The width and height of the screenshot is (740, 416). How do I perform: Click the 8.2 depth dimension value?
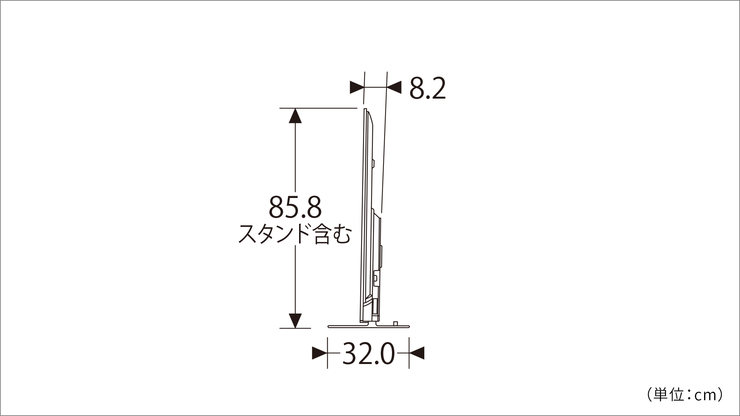pos(427,89)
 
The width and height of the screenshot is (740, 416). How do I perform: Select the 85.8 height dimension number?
pos(295,207)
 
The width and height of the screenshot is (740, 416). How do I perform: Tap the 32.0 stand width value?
pos(368,354)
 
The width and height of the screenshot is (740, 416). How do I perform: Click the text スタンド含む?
pos(295,234)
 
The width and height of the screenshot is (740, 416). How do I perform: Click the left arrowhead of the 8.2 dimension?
pos(357,87)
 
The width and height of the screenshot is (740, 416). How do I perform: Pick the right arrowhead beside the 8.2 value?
pos(394,87)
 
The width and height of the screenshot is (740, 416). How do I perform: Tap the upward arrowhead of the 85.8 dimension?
pos(295,116)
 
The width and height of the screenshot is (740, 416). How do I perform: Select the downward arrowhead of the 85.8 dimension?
pos(295,321)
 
